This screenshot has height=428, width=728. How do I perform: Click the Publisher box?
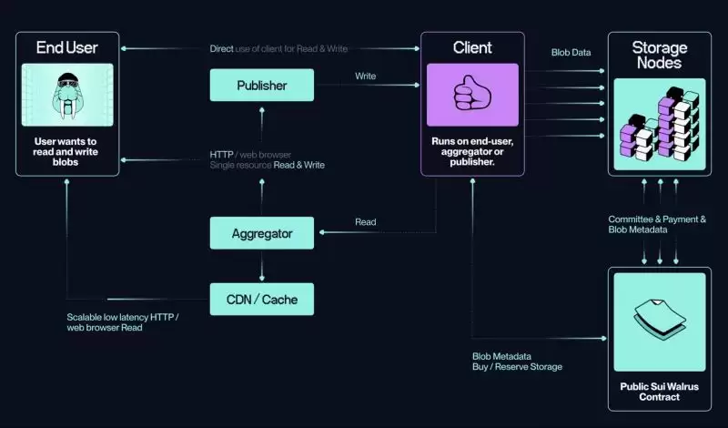pos(261,86)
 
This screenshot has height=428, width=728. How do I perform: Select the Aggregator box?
pos(261,233)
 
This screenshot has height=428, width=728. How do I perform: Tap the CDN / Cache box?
pos(261,299)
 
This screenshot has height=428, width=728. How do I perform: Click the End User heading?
pos(66,47)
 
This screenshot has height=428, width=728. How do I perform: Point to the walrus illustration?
pos(67,95)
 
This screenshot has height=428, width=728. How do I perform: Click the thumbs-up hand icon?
pos(472,95)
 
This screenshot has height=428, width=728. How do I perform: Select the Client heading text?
pos(472,47)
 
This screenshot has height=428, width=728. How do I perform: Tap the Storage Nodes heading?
pos(661,55)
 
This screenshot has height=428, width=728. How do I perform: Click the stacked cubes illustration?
pos(661,126)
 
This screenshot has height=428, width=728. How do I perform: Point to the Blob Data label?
pos(571,53)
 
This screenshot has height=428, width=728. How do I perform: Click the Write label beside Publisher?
pos(366,76)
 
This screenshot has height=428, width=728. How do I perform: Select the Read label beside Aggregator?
pos(365,222)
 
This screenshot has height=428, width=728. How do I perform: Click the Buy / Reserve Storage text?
pos(517,366)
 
